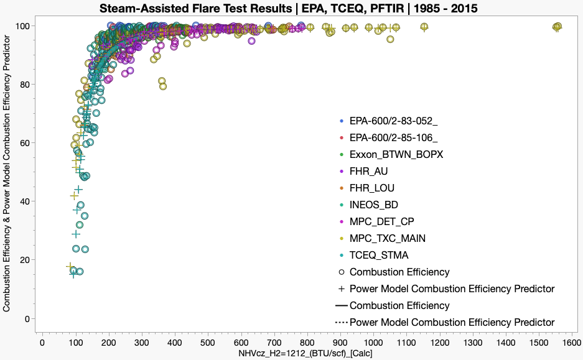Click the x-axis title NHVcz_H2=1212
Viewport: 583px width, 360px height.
click(x=305, y=353)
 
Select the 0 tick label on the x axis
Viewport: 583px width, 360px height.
click(x=42, y=342)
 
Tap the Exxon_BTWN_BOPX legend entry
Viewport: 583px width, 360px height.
click(x=396, y=154)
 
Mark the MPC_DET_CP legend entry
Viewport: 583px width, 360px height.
click(x=381, y=221)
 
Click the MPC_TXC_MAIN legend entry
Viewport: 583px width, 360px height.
click(x=387, y=238)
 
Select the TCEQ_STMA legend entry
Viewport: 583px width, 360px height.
click(x=379, y=255)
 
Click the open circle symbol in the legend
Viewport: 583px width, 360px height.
click(x=340, y=272)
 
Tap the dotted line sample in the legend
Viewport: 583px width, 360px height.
click(x=340, y=322)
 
